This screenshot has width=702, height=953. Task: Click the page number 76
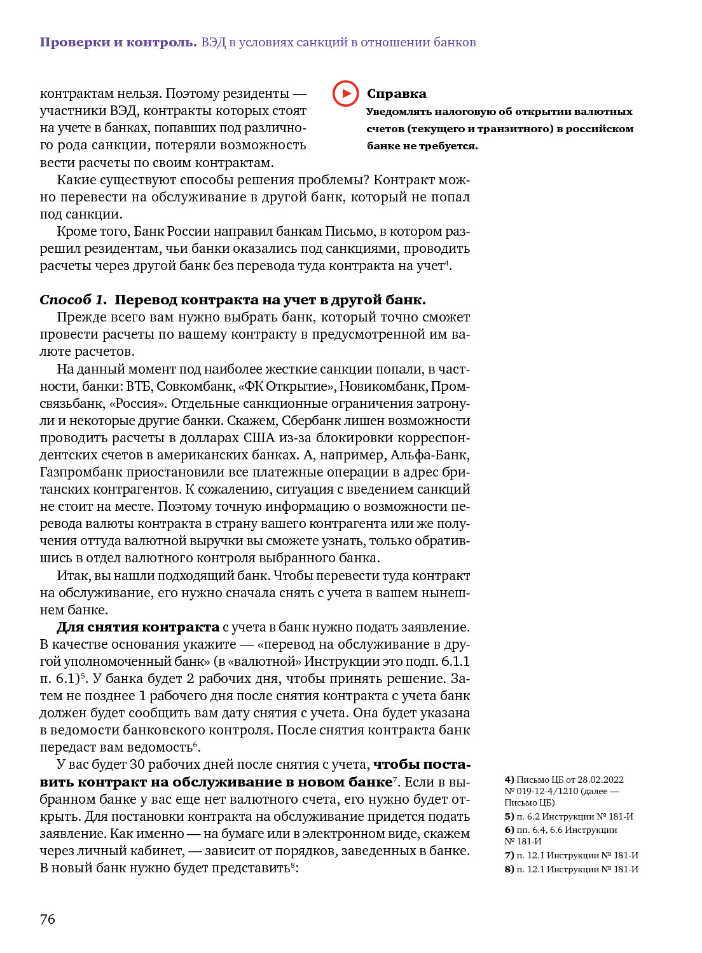pos(48,919)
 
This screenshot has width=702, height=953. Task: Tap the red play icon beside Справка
pos(345,94)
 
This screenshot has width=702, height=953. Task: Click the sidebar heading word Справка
pos(396,94)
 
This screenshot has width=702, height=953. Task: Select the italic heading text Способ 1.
pos(73,300)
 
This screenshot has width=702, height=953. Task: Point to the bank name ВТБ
pos(139,386)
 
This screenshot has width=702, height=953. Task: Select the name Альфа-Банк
pos(430,455)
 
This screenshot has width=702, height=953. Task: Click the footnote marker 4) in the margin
pos(509,780)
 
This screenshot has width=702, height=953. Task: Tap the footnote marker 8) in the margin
pos(509,869)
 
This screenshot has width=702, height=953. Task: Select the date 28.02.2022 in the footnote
pos(600,780)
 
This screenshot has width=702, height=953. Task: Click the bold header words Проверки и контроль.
pos(118,43)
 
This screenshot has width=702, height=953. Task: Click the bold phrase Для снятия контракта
pos(138,627)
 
